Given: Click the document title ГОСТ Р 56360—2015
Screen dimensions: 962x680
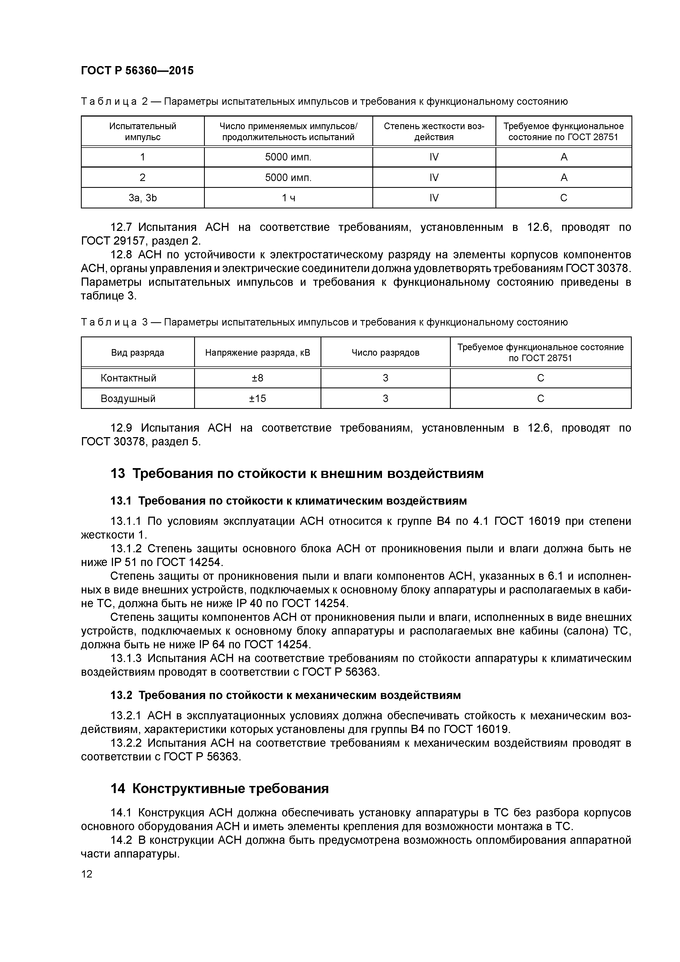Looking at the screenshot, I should click(137, 70).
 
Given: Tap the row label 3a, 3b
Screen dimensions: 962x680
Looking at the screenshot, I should click(143, 198).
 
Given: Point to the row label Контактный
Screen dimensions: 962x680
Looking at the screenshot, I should click(128, 378).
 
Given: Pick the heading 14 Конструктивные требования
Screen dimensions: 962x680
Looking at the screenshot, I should click(220, 788).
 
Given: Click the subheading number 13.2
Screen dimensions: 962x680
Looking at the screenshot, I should click(121, 695).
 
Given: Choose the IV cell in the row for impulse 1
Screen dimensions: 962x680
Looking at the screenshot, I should click(434, 157).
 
